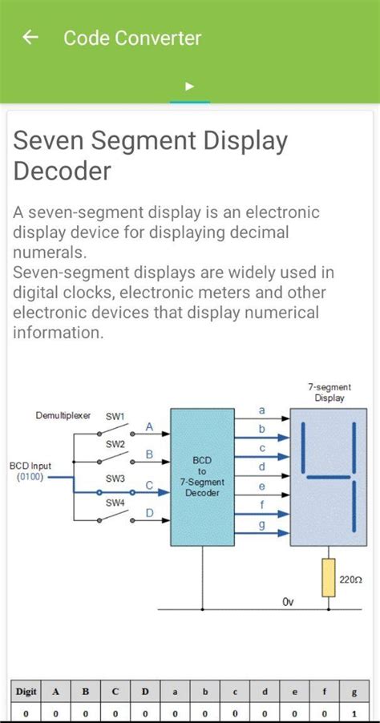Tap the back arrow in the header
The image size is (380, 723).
30,38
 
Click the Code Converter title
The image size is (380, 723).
132,38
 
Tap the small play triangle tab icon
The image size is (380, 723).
189,87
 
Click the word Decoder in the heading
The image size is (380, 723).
62,171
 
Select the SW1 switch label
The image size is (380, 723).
115,417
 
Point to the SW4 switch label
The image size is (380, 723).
115,503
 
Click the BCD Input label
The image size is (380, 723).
30,466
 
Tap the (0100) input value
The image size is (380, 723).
30,477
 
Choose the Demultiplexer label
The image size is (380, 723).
63,415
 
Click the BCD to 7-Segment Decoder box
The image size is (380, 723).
202,477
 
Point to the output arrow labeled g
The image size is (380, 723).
261,524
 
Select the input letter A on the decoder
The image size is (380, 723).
149,427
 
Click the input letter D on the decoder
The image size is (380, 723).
149,513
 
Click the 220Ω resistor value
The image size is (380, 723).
352,579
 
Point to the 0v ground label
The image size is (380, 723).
289,602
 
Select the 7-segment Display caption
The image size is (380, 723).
329,393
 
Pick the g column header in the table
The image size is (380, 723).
354,691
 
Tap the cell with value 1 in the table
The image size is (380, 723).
354,713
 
